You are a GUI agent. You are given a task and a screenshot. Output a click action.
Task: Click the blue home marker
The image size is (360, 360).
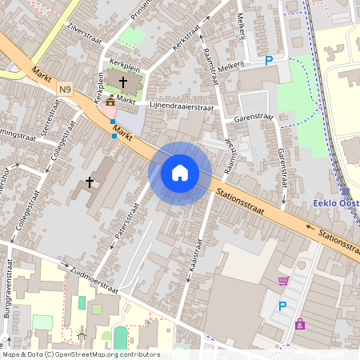pyautogui.click(x=180, y=173)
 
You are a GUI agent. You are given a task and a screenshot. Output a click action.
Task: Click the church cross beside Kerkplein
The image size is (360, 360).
pyautogui.click(x=123, y=82)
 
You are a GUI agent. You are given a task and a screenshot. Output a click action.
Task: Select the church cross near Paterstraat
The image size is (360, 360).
pyautogui.click(x=90, y=182)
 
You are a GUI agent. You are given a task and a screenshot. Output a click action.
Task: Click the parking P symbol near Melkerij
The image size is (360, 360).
pyautogui.click(x=269, y=60)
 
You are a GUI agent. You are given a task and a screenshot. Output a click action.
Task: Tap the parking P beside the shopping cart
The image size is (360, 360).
pyautogui.click(x=282, y=306)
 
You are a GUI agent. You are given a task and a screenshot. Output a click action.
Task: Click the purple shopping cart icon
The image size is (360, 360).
pyautogui.click(x=282, y=281)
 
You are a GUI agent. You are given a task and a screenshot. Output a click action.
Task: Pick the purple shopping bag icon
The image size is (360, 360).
pyautogui.click(x=300, y=324)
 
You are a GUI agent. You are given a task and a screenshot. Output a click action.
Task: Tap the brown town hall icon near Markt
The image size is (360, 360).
pyautogui.click(x=109, y=101)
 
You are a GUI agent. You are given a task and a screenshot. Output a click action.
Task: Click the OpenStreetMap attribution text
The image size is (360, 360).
pyautogui.click(x=80, y=354)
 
